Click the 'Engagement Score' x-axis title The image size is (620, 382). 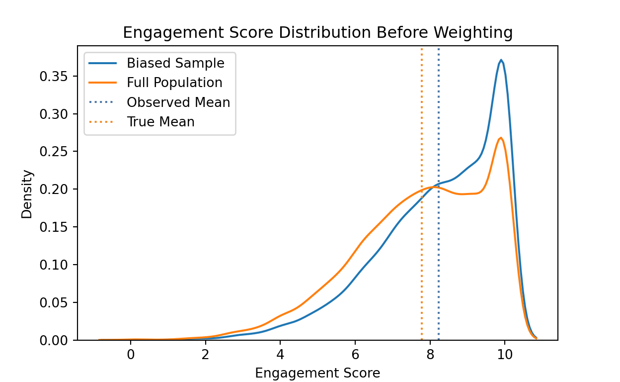(x=317, y=373)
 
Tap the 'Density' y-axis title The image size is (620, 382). (x=27, y=194)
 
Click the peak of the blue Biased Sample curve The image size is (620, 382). (x=501, y=60)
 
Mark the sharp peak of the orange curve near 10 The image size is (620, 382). (x=501, y=138)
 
